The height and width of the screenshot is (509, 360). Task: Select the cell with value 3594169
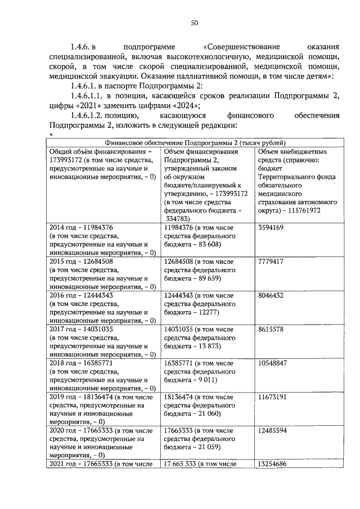pyautogui.click(x=271, y=227)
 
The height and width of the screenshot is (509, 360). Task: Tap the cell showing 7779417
pyautogui.click(x=271, y=262)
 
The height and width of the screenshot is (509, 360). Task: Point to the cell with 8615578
pyautogui.click(x=271, y=329)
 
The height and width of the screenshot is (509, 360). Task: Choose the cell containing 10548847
pyautogui.click(x=272, y=363)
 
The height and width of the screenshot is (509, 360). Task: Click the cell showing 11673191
pyautogui.click(x=272, y=397)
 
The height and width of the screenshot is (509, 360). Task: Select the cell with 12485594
pyautogui.click(x=272, y=431)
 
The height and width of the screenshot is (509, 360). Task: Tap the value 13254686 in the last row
pyautogui.click(x=272, y=464)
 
